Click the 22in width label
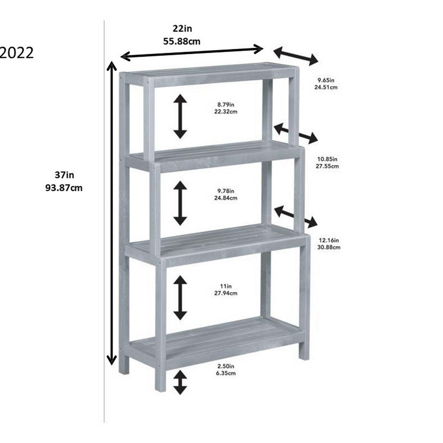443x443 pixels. pos(182,29)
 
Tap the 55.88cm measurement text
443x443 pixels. pos(181,41)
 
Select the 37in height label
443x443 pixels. pos(64,175)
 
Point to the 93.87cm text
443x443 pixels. pos(64,188)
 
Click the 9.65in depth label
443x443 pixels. pos(326,80)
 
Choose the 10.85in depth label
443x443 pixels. pos(327,159)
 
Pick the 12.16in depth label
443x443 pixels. pos(328,240)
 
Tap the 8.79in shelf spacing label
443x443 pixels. pos(226,105)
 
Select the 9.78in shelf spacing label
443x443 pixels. pos(226,191)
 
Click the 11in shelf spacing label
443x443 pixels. pos(226,286)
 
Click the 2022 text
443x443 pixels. pos(17,53)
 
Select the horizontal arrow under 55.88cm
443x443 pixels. pos(192,52)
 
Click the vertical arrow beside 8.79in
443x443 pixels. pos(180,116)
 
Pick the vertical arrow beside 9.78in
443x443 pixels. pos(180,203)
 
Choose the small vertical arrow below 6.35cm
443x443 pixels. pos(180,382)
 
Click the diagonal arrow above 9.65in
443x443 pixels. pos(296,56)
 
